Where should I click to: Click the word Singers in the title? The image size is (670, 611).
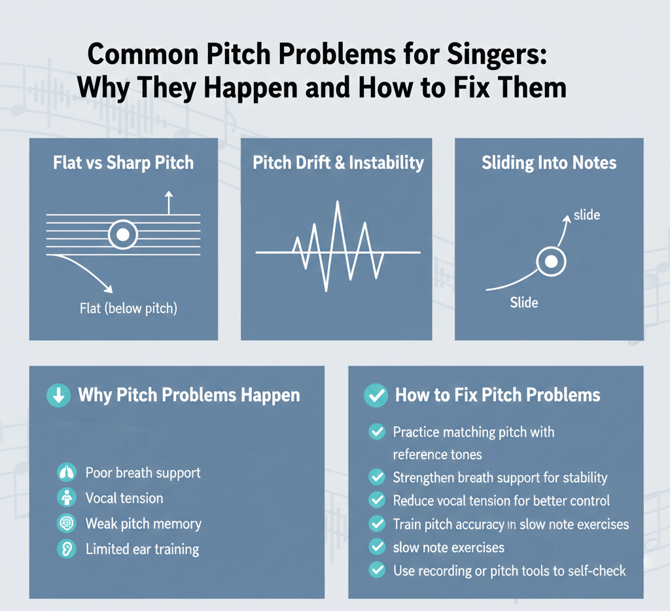point(497,55)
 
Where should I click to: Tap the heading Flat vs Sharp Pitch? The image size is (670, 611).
point(123,163)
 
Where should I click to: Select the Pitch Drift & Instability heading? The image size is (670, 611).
point(338,163)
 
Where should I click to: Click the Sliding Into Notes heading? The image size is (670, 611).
point(549,163)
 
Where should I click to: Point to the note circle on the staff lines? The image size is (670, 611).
point(122,235)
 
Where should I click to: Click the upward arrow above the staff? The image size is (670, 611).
point(169,203)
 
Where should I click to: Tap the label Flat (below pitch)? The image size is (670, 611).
point(128,308)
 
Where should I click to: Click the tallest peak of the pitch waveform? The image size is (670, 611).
point(338,201)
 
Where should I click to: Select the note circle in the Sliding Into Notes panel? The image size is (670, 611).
point(551,261)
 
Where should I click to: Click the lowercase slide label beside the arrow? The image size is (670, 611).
point(587,215)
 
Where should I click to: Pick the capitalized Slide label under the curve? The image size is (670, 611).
point(524,302)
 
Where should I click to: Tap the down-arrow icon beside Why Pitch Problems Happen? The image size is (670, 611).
point(58,395)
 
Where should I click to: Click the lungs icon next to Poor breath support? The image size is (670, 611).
point(67,472)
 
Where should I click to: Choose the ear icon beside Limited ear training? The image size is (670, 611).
point(67,549)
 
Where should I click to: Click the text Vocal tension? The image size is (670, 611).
point(124,498)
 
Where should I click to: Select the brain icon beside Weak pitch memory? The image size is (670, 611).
point(67,523)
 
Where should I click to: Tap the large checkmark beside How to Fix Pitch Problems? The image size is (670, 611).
point(376,395)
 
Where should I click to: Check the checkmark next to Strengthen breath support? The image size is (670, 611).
point(377,477)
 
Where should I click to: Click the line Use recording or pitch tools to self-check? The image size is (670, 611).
point(509,571)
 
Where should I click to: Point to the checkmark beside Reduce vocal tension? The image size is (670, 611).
point(377,500)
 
